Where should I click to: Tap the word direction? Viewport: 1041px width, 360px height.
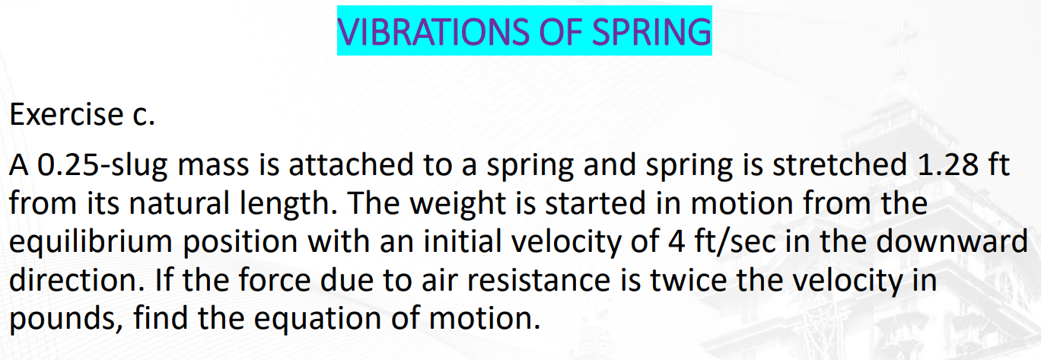tap(73, 279)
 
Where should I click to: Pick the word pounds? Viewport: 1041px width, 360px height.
tap(64, 317)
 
